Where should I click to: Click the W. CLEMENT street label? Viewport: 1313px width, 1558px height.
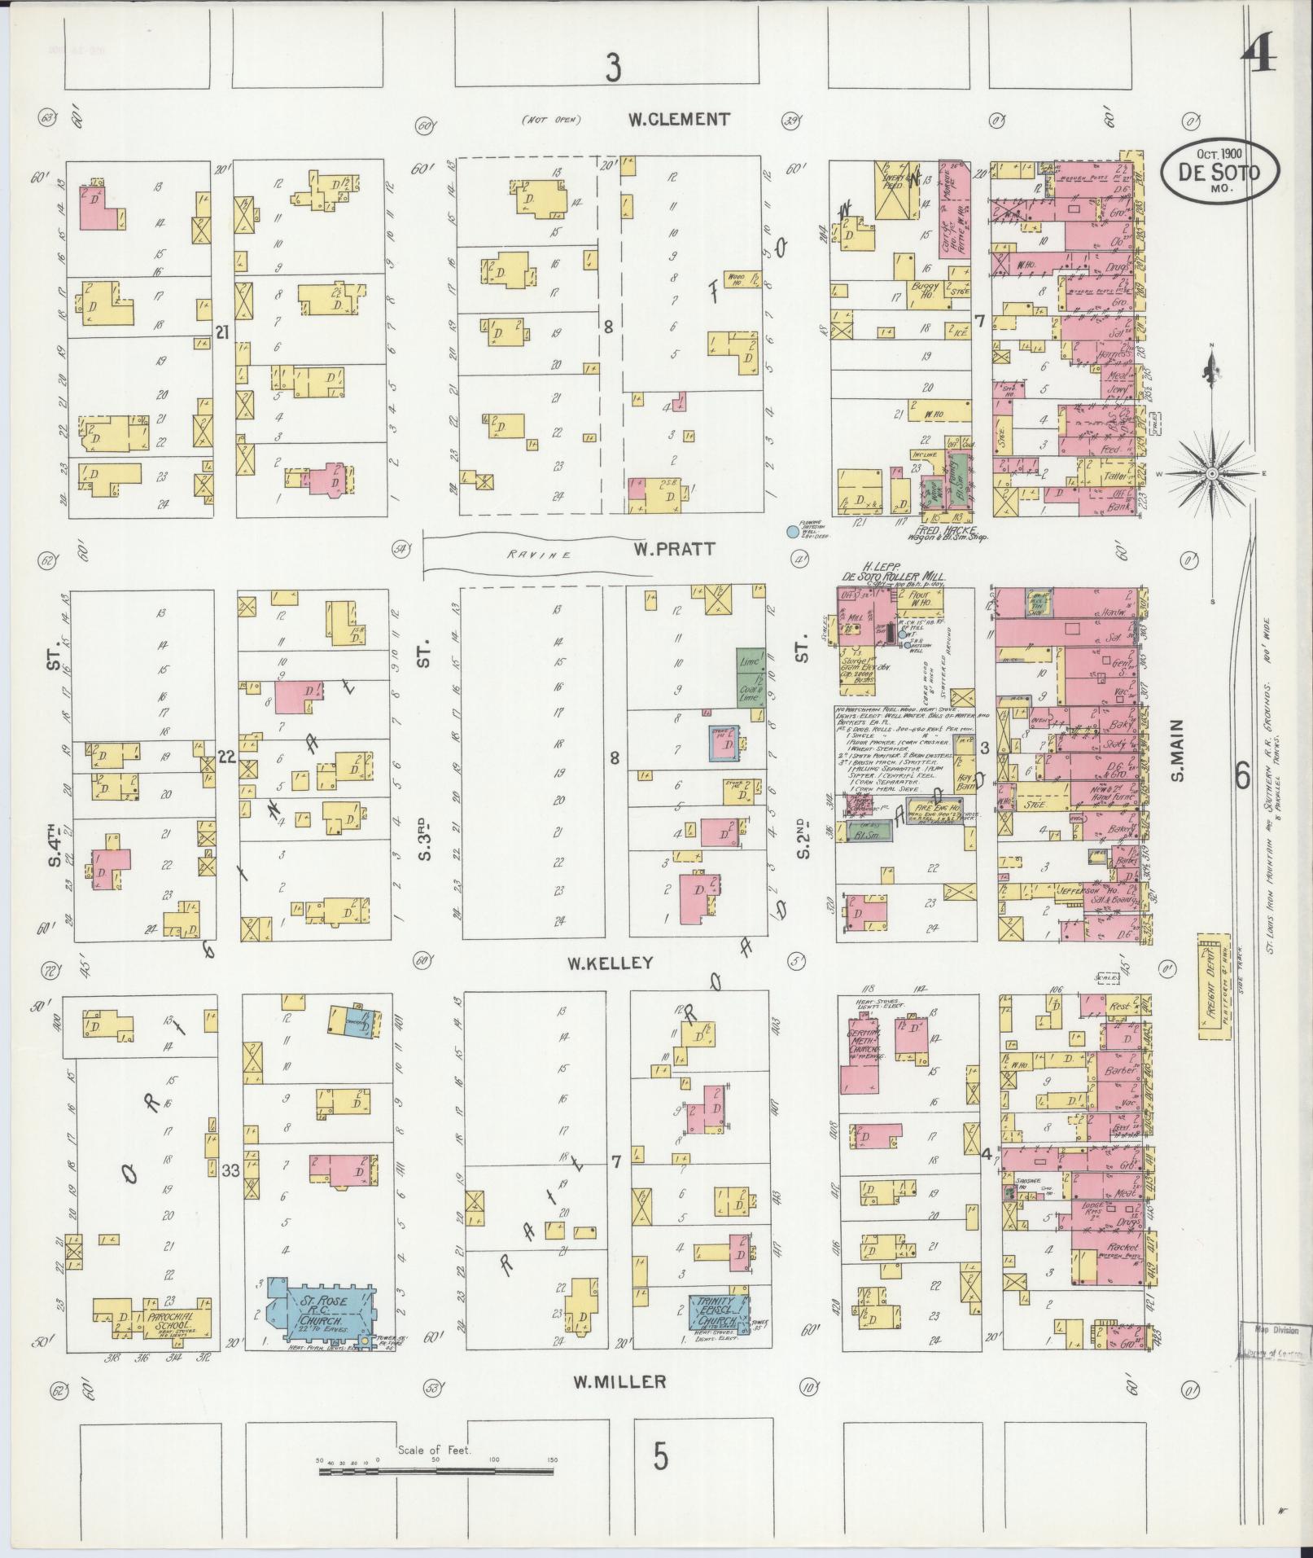point(678,120)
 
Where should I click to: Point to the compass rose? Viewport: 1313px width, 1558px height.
point(1212,473)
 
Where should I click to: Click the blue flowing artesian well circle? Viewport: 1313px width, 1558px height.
point(791,532)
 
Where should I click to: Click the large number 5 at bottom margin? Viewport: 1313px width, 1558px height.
point(660,1455)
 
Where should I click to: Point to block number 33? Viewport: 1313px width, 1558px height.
point(230,1170)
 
